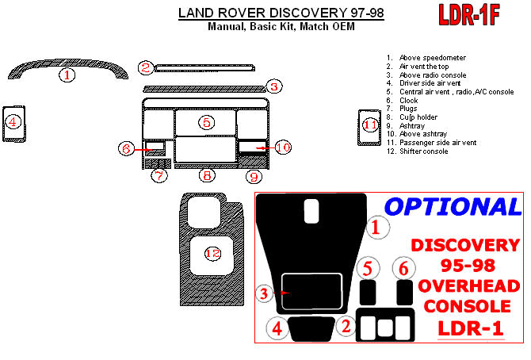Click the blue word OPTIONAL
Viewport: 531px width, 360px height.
pyautogui.click(x=452, y=207)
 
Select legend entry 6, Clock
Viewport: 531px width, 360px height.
pyautogui.click(x=409, y=101)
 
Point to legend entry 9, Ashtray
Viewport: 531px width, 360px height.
pyautogui.click(x=412, y=126)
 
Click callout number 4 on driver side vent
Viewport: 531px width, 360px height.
pyautogui.click(x=13, y=121)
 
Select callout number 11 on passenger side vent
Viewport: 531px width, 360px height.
pyautogui.click(x=370, y=124)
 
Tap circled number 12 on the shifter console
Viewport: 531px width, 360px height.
pyautogui.click(x=212, y=253)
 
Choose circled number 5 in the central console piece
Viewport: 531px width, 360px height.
pyautogui.click(x=206, y=122)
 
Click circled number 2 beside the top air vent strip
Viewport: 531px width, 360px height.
pyautogui.click(x=145, y=67)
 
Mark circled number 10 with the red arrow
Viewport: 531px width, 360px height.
pyautogui.click(x=283, y=147)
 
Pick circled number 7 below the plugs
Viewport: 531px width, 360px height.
pyautogui.click(x=159, y=175)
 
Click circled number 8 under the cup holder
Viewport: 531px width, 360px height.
pyautogui.click(x=206, y=175)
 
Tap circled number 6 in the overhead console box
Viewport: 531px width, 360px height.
pyautogui.click(x=403, y=268)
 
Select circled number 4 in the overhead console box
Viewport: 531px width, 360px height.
pyautogui.click(x=276, y=327)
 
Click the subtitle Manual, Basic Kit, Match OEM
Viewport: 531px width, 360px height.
pyautogui.click(x=281, y=26)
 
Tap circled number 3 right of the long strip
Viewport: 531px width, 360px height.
pyautogui.click(x=273, y=86)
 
